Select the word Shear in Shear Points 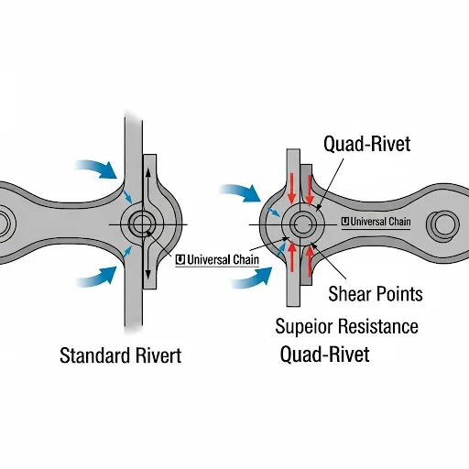tap(349, 294)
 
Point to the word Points tap(398, 294)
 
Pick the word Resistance tap(377, 326)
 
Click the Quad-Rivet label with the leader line tap(367, 144)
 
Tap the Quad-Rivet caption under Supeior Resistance tap(325, 354)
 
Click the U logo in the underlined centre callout tap(180, 260)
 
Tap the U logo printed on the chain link tap(345, 222)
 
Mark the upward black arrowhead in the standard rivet tap(148, 172)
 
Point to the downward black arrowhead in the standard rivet tap(148, 274)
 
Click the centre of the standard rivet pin tap(142, 224)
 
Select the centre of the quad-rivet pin tap(302, 224)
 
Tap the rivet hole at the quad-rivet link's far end tap(442, 224)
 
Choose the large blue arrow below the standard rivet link tap(97, 277)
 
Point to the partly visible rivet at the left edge tap(5, 224)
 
